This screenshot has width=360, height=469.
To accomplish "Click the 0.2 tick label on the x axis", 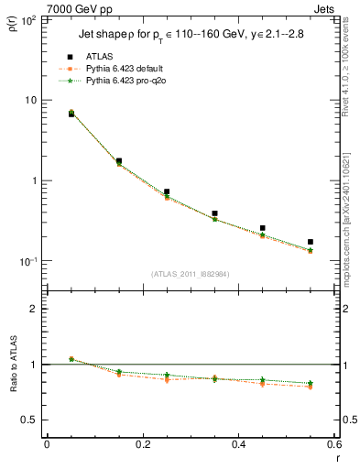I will point(142,446).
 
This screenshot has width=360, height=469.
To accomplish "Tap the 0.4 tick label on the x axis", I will point(238,446).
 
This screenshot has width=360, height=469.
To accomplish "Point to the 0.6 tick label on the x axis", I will point(333,446).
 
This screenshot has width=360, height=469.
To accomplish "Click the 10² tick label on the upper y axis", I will point(27,19).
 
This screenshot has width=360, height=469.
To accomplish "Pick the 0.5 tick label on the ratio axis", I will point(30,420).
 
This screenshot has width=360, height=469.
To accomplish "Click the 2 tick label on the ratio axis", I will point(35,309).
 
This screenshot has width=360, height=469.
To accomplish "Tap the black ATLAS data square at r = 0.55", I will point(311,242).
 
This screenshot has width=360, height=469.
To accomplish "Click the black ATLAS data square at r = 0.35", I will point(214,213).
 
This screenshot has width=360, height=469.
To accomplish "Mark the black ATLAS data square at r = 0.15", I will point(119,160).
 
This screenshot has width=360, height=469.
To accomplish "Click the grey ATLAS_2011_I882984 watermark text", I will point(191,274).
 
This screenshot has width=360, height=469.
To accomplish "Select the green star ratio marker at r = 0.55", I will point(311,383).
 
